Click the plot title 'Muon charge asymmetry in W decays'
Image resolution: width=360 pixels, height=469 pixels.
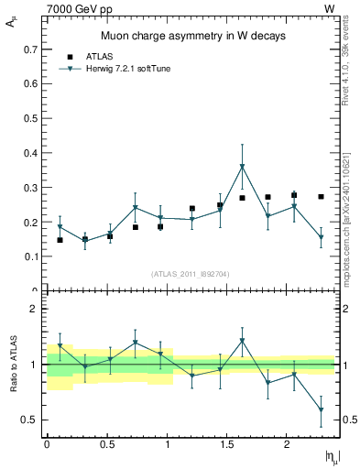[x=192, y=37]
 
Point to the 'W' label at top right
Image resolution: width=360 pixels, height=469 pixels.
[x=329, y=8]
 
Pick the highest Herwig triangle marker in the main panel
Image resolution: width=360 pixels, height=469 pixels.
[x=242, y=167]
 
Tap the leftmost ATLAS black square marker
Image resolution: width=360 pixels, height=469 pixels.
[x=60, y=240]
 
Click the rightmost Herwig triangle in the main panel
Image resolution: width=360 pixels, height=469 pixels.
[x=321, y=237]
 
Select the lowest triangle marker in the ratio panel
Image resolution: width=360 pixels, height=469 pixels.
[x=321, y=410]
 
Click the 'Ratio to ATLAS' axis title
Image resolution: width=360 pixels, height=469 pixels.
[x=12, y=365]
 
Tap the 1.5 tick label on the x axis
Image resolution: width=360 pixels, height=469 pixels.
[x=228, y=443]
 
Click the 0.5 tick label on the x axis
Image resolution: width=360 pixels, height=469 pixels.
[x=107, y=443]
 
